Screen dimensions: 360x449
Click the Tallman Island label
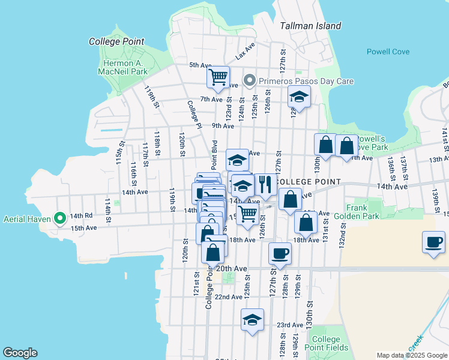pyautogui.click(x=310, y=26)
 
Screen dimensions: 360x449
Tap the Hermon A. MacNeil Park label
pyautogui.click(x=123, y=67)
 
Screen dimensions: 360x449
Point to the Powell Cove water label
pyautogui.click(x=388, y=52)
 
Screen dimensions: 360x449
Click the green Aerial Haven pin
pyautogui.click(x=60, y=218)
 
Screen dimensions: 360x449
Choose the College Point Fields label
pyautogui.click(x=326, y=343)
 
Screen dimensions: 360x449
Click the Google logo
pyautogui.click(x=20, y=353)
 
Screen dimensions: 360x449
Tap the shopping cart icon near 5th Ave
pyautogui.click(x=218, y=77)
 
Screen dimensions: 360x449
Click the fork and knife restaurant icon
pyautogui.click(x=264, y=184)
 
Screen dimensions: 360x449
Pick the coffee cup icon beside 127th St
pyautogui.click(x=280, y=253)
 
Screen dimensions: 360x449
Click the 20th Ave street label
pyautogui.click(x=231, y=268)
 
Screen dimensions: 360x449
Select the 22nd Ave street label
pyautogui.click(x=228, y=297)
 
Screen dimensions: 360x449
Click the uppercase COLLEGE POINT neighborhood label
pyautogui.click(x=308, y=182)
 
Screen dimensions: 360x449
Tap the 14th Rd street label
pyautogui.click(x=80, y=215)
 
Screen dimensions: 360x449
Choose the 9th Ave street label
pyautogui.click(x=223, y=126)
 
